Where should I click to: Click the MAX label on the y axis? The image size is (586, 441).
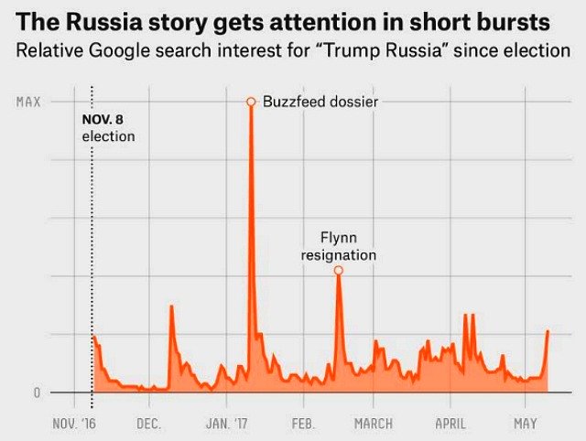click(x=28, y=102)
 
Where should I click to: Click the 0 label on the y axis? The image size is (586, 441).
click(x=37, y=393)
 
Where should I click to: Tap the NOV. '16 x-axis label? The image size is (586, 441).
click(x=74, y=424)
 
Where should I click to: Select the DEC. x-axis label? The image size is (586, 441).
click(x=148, y=424)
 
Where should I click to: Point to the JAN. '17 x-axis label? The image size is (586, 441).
click(x=226, y=424)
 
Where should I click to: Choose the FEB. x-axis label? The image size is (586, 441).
click(x=303, y=424)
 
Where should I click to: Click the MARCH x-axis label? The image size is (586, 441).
click(x=373, y=424)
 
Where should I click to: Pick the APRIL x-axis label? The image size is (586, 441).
click(x=450, y=424)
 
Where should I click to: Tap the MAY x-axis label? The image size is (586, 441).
click(x=525, y=424)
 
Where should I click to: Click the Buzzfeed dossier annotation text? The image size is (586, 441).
click(x=320, y=102)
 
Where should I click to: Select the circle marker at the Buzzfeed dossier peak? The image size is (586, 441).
click(x=250, y=102)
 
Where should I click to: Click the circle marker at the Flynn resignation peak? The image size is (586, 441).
click(x=338, y=270)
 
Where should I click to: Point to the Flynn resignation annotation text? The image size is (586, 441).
click(x=339, y=246)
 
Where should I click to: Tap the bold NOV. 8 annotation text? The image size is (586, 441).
click(x=108, y=120)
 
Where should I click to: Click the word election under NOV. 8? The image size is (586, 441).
click(x=108, y=136)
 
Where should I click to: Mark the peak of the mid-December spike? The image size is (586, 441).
click(x=171, y=306)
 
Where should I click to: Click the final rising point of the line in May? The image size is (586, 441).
click(x=548, y=331)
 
